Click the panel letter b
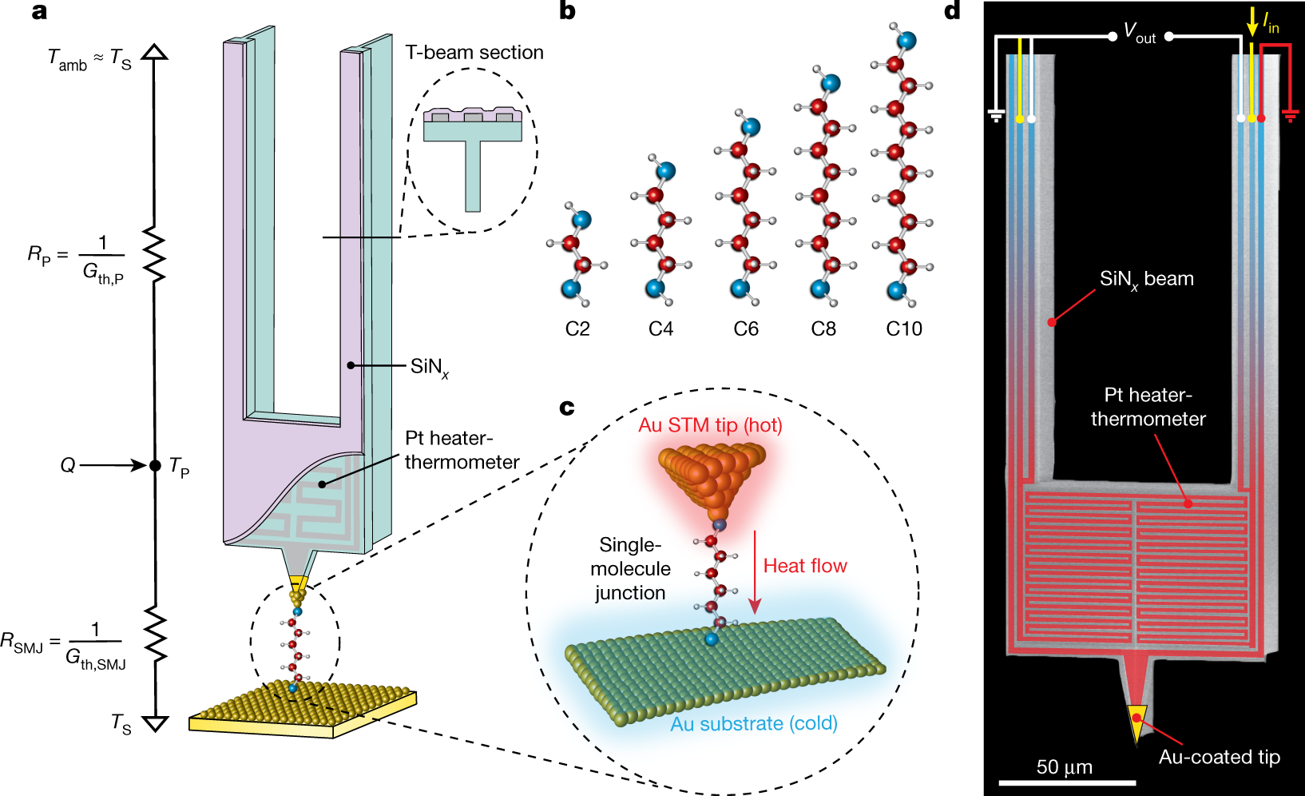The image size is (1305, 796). coord(567,11)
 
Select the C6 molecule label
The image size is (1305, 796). coord(746,328)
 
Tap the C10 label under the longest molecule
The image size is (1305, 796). coord(904,328)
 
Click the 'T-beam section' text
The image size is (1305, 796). coord(474,53)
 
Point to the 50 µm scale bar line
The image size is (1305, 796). coord(1066,782)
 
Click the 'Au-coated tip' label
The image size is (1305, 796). coord(1219,757)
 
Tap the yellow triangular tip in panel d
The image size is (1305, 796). coord(1136,721)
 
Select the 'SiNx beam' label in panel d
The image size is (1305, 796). coord(1146,279)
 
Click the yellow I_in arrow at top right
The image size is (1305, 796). coord(1251,23)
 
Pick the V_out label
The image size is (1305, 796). coord(1140,33)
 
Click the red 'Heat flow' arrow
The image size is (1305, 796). coord(754,572)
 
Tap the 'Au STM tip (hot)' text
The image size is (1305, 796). coord(710,425)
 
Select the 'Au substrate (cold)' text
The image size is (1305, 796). coord(753,724)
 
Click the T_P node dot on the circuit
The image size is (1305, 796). coord(155,465)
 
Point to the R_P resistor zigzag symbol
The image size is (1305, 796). coord(154,254)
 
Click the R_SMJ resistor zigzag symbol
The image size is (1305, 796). coord(154,634)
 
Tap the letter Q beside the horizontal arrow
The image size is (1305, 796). coord(68,465)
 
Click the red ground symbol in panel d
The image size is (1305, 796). coord(1290,117)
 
